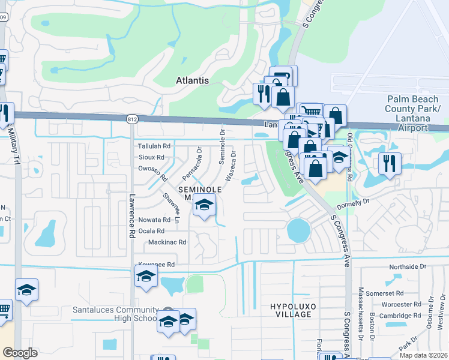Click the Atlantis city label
click(192, 80)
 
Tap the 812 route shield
click(132, 120)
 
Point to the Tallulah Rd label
click(155, 146)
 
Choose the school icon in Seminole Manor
click(204, 206)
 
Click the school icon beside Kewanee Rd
click(146, 276)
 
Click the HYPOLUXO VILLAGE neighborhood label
click(290, 310)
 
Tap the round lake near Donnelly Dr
click(298, 229)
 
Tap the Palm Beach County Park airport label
click(414, 113)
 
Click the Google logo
click(20, 353)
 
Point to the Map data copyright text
click(423, 355)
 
